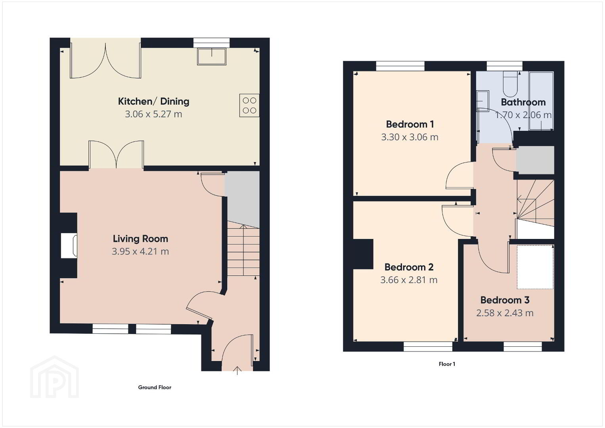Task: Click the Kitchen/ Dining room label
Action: (x=153, y=101)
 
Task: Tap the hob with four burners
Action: (x=249, y=105)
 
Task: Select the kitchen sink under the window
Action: (x=211, y=57)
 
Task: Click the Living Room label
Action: (x=140, y=239)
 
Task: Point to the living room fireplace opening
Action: (x=69, y=246)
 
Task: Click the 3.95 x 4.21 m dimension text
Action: (x=140, y=251)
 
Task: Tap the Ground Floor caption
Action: (x=155, y=387)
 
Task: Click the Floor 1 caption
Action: (x=447, y=364)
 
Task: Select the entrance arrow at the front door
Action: (x=237, y=371)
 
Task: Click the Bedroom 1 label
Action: (x=410, y=124)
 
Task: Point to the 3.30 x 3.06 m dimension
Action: (x=410, y=137)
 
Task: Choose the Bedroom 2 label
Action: (x=409, y=267)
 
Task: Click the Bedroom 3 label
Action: (x=505, y=300)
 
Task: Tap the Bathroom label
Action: (x=523, y=102)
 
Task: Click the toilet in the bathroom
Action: (x=510, y=84)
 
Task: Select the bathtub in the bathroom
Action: (x=541, y=101)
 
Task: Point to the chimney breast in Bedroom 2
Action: (x=363, y=254)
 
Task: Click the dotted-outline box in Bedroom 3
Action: (x=535, y=267)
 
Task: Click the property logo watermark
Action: (x=54, y=377)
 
